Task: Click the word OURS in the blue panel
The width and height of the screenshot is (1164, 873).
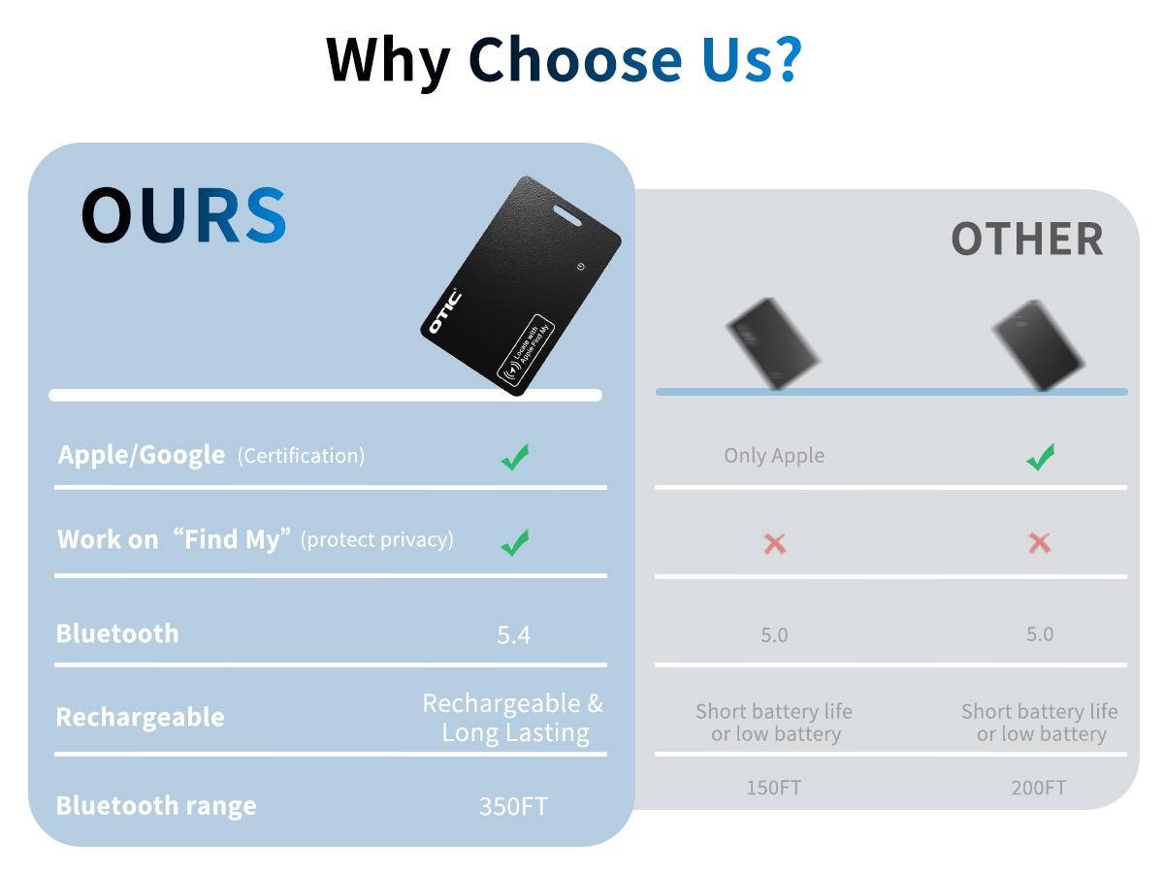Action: pyautogui.click(x=183, y=215)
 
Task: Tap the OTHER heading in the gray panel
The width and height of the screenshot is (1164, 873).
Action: pyautogui.click(x=1027, y=239)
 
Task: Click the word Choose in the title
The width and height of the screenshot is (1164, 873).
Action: pyautogui.click(x=575, y=60)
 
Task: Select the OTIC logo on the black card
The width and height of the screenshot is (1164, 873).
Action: pyautogui.click(x=445, y=311)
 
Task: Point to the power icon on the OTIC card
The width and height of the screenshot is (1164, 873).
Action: pyautogui.click(x=581, y=267)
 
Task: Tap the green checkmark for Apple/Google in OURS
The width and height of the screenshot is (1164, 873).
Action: pyautogui.click(x=514, y=457)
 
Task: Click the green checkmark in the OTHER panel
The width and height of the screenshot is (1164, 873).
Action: pyautogui.click(x=1040, y=457)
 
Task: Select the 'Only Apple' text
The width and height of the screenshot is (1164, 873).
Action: pyautogui.click(x=774, y=456)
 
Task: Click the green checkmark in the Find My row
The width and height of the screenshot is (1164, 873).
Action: pyautogui.click(x=515, y=543)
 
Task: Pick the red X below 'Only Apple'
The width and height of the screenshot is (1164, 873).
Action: pyautogui.click(x=775, y=544)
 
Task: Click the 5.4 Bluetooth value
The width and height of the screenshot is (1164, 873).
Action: pyautogui.click(x=513, y=635)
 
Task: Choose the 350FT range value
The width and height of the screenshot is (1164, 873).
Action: pyautogui.click(x=513, y=807)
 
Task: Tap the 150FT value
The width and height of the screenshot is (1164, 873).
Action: pyautogui.click(x=774, y=788)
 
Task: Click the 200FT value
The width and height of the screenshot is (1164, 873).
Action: pyautogui.click(x=1038, y=788)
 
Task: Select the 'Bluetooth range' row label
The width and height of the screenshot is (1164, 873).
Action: pyautogui.click(x=156, y=806)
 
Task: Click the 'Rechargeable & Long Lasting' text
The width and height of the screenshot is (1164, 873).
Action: pyautogui.click(x=513, y=719)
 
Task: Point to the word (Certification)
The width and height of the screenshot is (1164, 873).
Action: pyautogui.click(x=302, y=456)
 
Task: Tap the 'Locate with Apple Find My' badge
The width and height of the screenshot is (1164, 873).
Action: pyautogui.click(x=526, y=347)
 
